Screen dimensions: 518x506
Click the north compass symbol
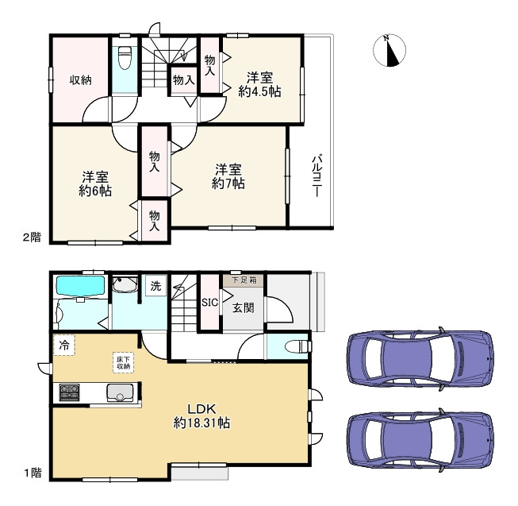(389, 50)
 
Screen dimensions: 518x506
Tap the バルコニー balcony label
(317, 176)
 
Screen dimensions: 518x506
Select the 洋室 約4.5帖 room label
(259, 85)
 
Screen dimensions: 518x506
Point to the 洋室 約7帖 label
(228, 176)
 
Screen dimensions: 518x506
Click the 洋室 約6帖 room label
(95, 183)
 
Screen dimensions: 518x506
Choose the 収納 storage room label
(80, 80)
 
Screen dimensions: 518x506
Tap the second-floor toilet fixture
(125, 57)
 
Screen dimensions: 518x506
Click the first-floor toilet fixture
(298, 346)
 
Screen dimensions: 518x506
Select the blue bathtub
(81, 285)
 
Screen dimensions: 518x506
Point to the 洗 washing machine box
(156, 286)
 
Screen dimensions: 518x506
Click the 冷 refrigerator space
(63, 346)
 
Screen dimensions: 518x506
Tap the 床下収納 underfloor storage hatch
(123, 363)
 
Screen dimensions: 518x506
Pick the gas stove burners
(69, 392)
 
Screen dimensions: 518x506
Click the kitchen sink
(120, 393)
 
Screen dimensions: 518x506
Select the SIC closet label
(209, 303)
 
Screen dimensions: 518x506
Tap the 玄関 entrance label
(244, 308)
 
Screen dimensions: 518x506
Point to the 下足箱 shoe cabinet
(244, 280)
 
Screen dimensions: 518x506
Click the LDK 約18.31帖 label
(201, 416)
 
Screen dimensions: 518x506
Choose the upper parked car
(420, 358)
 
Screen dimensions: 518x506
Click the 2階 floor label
(32, 238)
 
